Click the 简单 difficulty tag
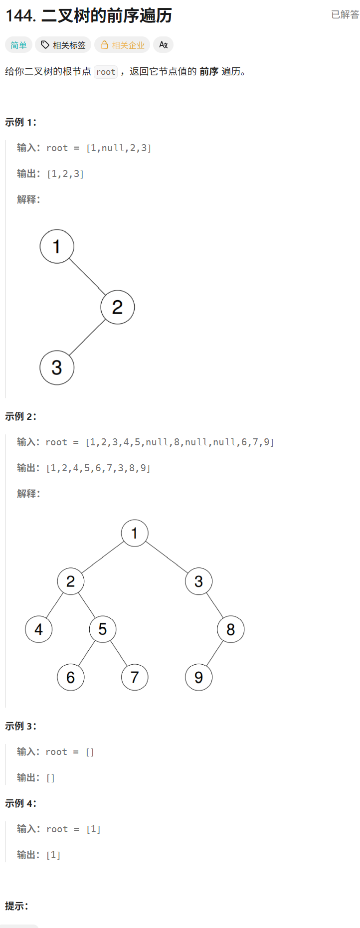(18, 45)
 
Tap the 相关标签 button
(63, 45)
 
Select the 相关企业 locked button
(122, 45)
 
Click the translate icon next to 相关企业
(163, 45)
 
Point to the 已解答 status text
(345, 14)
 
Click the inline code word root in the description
(106, 72)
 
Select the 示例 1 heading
(20, 122)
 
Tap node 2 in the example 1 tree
(117, 307)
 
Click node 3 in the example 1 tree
(57, 368)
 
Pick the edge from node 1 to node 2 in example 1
(87, 277)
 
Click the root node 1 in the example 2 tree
(135, 533)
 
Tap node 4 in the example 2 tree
(39, 629)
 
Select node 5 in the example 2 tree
(103, 629)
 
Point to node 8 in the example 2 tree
(230, 629)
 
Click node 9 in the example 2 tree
(198, 677)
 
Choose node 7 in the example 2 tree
(135, 677)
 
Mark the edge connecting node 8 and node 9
(214, 653)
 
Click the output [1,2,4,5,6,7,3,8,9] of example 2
(98, 468)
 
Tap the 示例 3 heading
(20, 726)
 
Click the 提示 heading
(16, 906)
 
